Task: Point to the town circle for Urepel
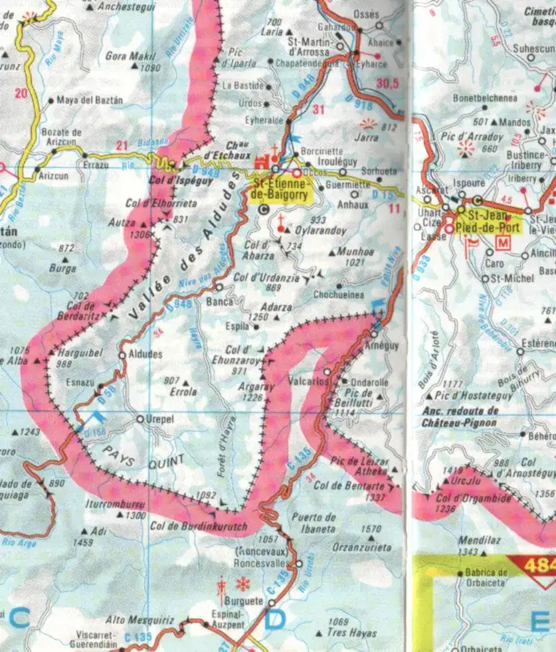140,419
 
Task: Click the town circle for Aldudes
122,355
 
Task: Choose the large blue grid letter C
19,619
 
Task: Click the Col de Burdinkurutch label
199,527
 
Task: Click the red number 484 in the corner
539,566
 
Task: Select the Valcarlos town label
309,382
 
